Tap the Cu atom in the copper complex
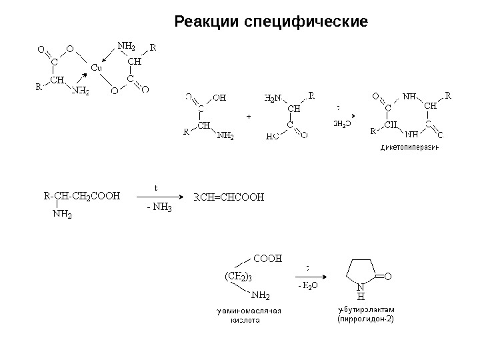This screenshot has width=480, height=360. coord(96,67)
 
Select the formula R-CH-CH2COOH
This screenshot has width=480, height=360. coord(81,197)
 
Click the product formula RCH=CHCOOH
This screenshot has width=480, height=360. coord(229,197)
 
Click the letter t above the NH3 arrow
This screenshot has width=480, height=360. coord(157,187)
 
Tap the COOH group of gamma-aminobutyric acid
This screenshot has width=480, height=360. coord(267,256)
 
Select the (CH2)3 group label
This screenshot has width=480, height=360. coord(238,276)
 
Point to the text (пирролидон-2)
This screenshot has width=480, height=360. coord(366,319)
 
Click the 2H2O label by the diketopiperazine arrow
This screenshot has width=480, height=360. coord(341,123)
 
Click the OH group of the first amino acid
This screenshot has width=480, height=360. coord(219,97)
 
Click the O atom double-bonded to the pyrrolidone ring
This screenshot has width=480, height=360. coord(388,274)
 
